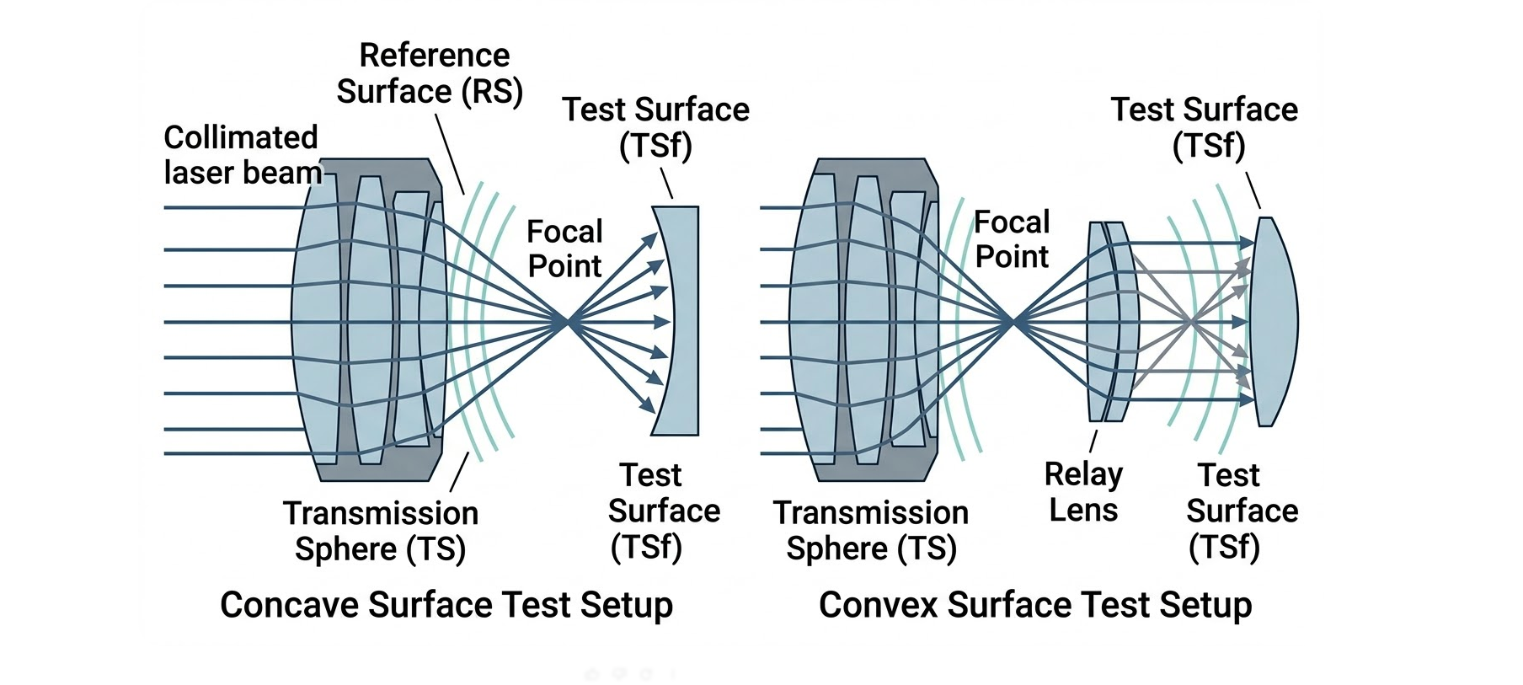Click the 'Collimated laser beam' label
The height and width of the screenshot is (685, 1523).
click(x=241, y=155)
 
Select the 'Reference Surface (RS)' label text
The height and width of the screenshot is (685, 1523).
click(x=430, y=73)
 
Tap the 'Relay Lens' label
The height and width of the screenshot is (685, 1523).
click(x=1083, y=492)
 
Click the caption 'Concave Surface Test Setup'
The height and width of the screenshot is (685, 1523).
click(x=446, y=605)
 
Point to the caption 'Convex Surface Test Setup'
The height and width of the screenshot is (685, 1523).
click(x=1035, y=605)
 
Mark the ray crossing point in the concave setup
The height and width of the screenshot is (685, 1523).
click(x=568, y=321)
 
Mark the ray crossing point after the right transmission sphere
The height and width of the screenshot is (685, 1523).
click(x=1013, y=321)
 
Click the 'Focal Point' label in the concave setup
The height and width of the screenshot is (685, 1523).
click(x=564, y=249)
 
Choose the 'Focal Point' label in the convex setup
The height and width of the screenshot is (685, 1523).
click(x=1012, y=239)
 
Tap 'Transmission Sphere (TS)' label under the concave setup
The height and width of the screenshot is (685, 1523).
click(x=381, y=531)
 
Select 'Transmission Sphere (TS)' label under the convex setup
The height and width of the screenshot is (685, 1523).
click(x=871, y=530)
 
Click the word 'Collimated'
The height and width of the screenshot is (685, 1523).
click(x=241, y=137)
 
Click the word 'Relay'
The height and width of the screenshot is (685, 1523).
click(x=1083, y=474)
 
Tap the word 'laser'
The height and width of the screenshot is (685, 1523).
click(x=198, y=173)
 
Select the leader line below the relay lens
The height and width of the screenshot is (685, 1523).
click(x=1093, y=442)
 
